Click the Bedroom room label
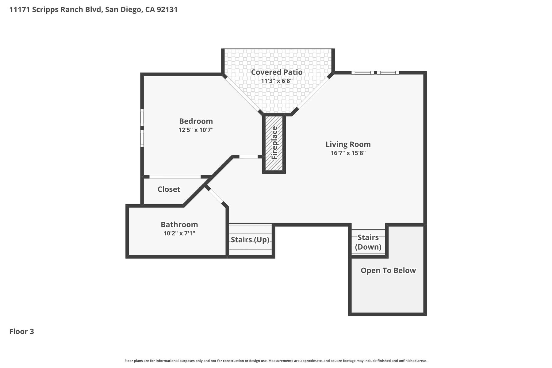pos(196,121)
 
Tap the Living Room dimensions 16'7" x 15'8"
pos(348,153)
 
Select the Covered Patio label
pos(277,72)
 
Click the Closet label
pos(169,189)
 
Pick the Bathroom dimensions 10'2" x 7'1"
pos(179,233)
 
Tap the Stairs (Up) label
pos(250,240)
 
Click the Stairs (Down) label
pos(368,242)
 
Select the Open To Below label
pos(388,270)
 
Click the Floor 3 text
pos(22,332)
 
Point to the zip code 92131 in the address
pos(167,10)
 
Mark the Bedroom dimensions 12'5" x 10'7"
pos(196,130)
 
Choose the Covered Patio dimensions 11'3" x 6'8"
pos(277,81)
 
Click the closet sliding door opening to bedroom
pos(175,177)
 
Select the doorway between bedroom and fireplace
pos(248,157)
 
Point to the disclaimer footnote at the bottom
pos(276,361)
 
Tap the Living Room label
pos(348,144)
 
